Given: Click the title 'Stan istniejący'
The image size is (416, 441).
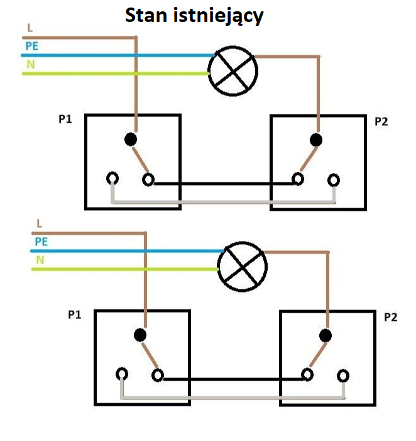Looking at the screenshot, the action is tap(194, 16).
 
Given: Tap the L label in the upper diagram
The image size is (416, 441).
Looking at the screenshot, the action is tap(30, 28).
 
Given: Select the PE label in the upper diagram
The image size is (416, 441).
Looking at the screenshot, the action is tap(32, 46).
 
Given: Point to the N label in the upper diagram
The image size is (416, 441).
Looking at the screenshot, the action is tap(31, 64).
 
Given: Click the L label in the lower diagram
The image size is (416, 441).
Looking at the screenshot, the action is tap(40, 223).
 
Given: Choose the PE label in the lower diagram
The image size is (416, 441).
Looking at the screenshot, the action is tap(41, 242).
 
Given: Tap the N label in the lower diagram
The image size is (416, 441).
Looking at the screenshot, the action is tap(40, 260).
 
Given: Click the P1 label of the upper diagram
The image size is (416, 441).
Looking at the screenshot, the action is tap(65, 120).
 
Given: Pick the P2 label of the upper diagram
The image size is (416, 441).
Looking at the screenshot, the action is tap(381, 121).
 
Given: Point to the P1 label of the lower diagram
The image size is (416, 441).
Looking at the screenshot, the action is tap(74, 315).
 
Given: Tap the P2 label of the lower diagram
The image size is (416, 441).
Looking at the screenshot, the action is tap(390, 317).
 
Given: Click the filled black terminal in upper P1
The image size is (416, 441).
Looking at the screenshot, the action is tap(131, 139).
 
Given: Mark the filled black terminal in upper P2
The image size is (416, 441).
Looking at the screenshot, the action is tap(316, 140).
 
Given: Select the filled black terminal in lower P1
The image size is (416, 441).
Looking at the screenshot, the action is tap(140, 335).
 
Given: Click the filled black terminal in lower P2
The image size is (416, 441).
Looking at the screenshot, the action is tap(326, 335).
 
